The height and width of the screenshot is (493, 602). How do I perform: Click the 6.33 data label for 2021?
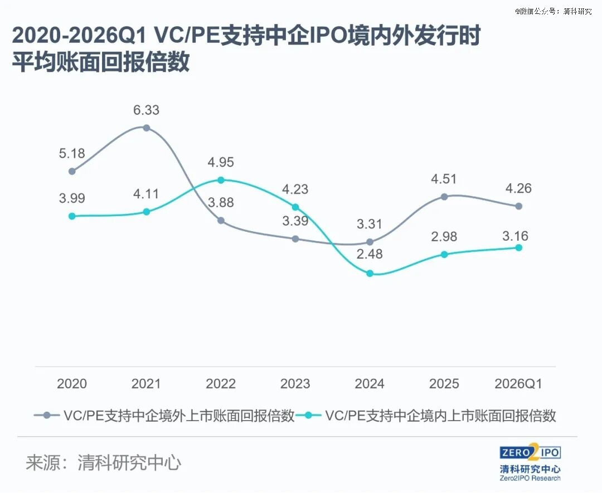[x=147, y=110]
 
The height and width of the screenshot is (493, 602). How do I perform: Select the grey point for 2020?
[x=72, y=171]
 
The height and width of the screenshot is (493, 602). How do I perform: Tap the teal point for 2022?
[x=221, y=180]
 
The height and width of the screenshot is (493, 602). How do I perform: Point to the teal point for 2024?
[x=370, y=274]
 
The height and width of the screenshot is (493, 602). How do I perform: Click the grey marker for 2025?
[x=444, y=197]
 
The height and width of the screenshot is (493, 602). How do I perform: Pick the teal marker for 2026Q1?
[x=518, y=247]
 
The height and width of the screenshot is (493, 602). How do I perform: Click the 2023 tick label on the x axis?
[x=295, y=384]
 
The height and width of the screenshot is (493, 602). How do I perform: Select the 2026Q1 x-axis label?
[x=518, y=384]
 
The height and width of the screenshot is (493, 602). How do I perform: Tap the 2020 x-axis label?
[x=72, y=384]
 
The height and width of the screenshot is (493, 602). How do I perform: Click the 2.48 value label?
[x=370, y=255]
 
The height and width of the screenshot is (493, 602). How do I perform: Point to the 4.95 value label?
[x=221, y=163]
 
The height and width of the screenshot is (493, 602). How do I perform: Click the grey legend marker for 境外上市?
[x=47, y=416]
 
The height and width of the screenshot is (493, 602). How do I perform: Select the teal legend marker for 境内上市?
[x=310, y=416]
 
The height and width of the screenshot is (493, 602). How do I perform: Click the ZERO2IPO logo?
[x=530, y=452]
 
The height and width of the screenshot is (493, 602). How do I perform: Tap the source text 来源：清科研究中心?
[x=104, y=463]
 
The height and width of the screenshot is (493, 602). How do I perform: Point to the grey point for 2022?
[x=221, y=221]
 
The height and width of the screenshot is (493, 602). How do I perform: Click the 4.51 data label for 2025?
[x=444, y=179]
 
